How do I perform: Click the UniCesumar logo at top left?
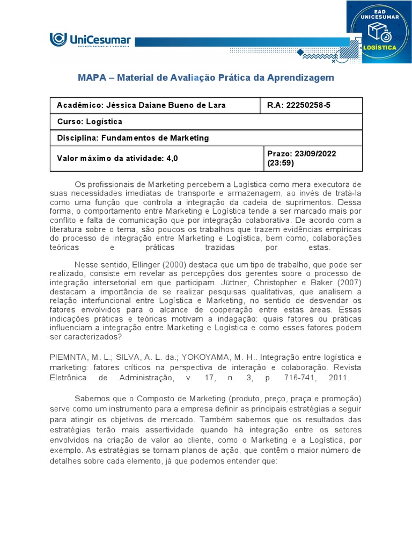click(90, 40)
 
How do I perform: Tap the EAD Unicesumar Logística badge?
click(379, 32)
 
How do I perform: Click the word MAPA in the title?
click(92, 78)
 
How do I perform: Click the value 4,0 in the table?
click(172, 158)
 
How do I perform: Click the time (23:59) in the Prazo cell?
click(279, 163)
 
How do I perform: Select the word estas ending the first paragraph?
click(319, 248)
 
